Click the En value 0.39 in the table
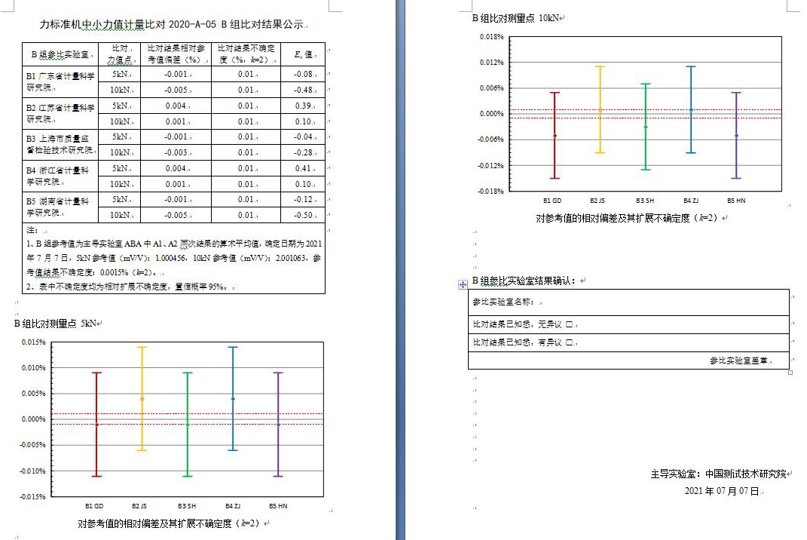[x=303, y=106]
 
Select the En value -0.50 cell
[x=303, y=215]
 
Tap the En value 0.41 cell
[x=303, y=168]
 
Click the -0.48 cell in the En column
[x=303, y=90]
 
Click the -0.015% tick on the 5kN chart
[x=33, y=497]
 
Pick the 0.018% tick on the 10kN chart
[x=491, y=36]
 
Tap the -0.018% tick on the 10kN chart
[x=491, y=191]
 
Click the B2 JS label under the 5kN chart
[x=141, y=506]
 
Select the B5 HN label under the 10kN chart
[x=736, y=201]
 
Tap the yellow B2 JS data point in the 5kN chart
[x=142, y=399]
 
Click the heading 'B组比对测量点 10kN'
[x=515, y=17]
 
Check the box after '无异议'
[x=570, y=325]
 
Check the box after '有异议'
[x=570, y=343]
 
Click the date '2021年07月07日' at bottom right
[x=722, y=491]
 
